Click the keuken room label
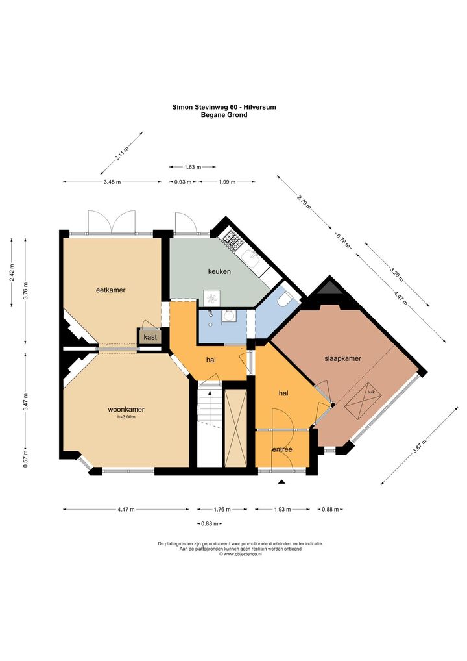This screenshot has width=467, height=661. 219,271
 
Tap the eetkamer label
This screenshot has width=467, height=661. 111,290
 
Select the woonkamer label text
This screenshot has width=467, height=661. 126,409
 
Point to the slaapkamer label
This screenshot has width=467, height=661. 342,358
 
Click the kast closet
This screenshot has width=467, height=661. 150,337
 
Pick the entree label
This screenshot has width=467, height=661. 282,449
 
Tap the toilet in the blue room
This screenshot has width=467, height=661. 285,300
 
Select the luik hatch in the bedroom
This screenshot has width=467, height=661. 363,401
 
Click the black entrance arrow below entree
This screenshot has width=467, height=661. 282,481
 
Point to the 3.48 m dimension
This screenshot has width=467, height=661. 112,182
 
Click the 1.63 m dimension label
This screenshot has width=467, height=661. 193,167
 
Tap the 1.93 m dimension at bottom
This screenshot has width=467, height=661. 283,509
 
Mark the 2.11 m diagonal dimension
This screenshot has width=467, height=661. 122,153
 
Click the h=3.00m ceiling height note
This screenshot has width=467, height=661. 126,417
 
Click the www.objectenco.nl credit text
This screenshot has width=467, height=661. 241,554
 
